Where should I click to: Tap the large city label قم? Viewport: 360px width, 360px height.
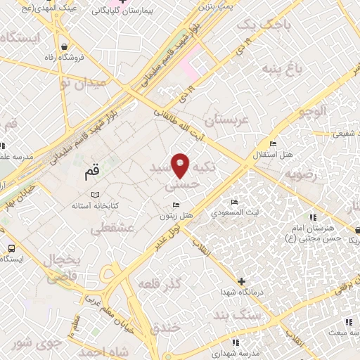click(92, 171)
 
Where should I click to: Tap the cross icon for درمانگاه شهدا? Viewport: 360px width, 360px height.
click(241, 281)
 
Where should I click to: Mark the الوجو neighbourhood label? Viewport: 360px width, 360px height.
click(311, 111)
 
